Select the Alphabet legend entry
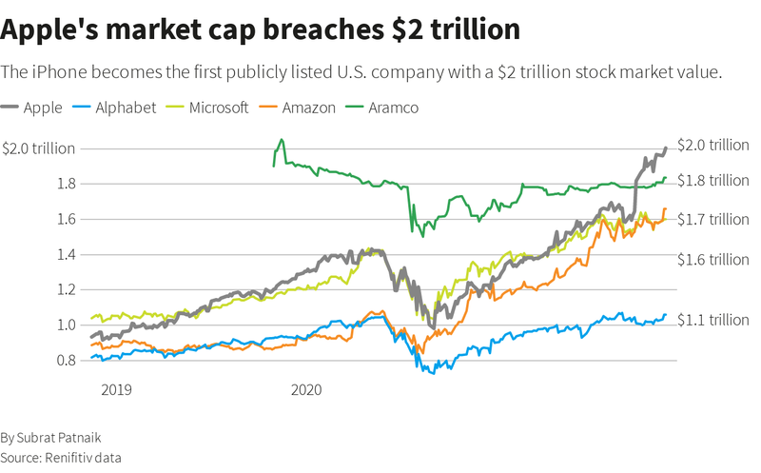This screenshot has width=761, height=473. [125, 108]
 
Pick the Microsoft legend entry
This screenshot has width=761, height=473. [218, 108]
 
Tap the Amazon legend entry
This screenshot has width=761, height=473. [308, 108]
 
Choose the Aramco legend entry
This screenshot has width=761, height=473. [393, 108]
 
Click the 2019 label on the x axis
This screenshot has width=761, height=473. [116, 389]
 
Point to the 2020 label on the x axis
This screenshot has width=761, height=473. [306, 389]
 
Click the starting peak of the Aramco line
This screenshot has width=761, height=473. [281, 140]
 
